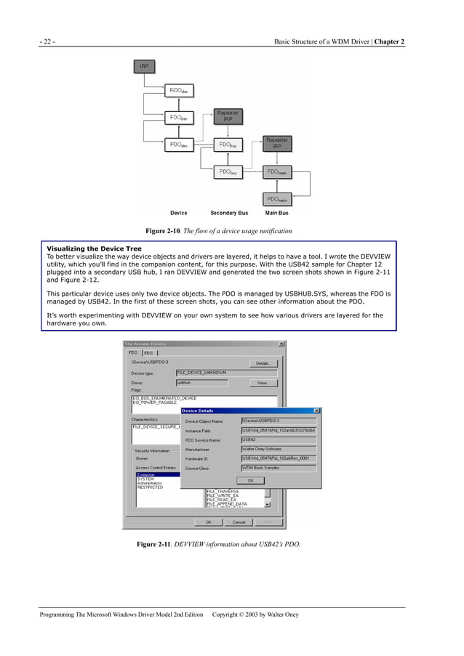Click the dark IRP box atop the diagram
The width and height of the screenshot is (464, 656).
pos(145,67)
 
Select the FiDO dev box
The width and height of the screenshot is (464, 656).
pos(178,92)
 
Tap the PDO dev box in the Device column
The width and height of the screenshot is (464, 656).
pos(178,145)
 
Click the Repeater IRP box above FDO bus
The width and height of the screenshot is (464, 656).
pos(228,117)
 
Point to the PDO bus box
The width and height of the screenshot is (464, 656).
pos(228,172)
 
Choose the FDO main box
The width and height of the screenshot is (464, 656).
pos(276,172)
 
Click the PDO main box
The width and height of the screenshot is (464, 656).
pos(276,198)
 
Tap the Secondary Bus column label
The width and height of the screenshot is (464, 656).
pos(229,214)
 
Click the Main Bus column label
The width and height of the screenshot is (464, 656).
pos(277,214)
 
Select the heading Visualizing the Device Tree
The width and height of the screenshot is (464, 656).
pos(95,249)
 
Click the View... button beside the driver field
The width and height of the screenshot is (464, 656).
pos(263,382)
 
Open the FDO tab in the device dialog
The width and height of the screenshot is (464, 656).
pos(149,353)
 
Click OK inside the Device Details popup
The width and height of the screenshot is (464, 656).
pos(251,480)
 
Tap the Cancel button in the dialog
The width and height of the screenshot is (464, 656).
pos(239,522)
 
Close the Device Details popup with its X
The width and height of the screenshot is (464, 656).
pos(316,410)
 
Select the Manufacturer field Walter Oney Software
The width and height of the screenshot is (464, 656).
pos(279,449)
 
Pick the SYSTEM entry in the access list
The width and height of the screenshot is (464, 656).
pos(145,479)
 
